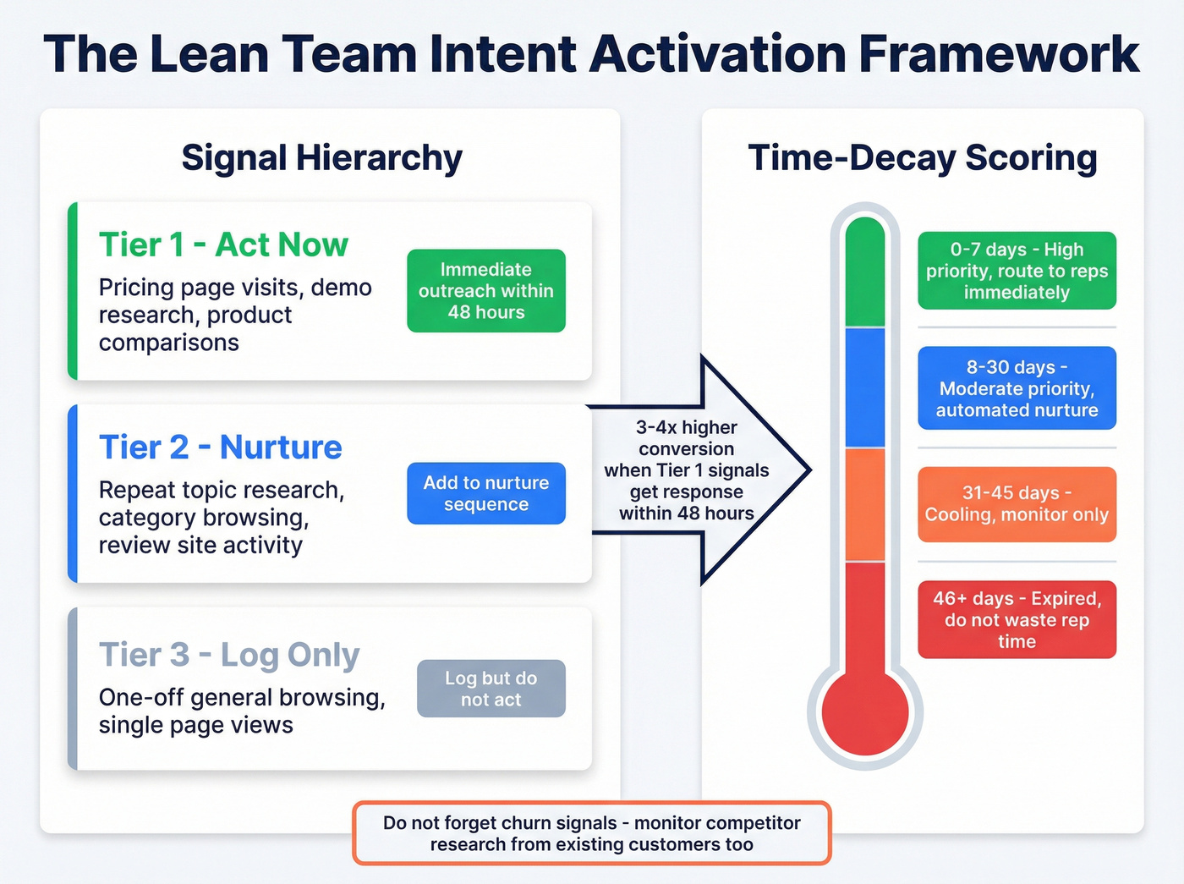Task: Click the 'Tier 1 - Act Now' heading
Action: (x=223, y=245)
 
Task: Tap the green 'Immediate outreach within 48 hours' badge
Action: (x=486, y=291)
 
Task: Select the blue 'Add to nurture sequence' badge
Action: (x=486, y=493)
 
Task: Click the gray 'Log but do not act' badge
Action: (x=491, y=689)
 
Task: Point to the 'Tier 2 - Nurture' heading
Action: (x=221, y=447)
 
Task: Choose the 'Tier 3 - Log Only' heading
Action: (x=229, y=655)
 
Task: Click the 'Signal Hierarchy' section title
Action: (x=322, y=158)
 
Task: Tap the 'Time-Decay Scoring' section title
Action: (x=923, y=158)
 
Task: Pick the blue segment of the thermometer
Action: (x=864, y=388)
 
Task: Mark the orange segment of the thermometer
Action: (x=864, y=504)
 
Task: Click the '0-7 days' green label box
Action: (x=1017, y=271)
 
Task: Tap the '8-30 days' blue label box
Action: (x=1017, y=388)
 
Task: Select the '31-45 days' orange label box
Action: (x=1017, y=504)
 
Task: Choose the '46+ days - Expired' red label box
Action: (x=1017, y=620)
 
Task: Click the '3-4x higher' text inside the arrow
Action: (x=687, y=428)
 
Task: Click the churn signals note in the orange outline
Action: (x=592, y=833)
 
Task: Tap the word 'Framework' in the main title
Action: (x=999, y=54)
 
